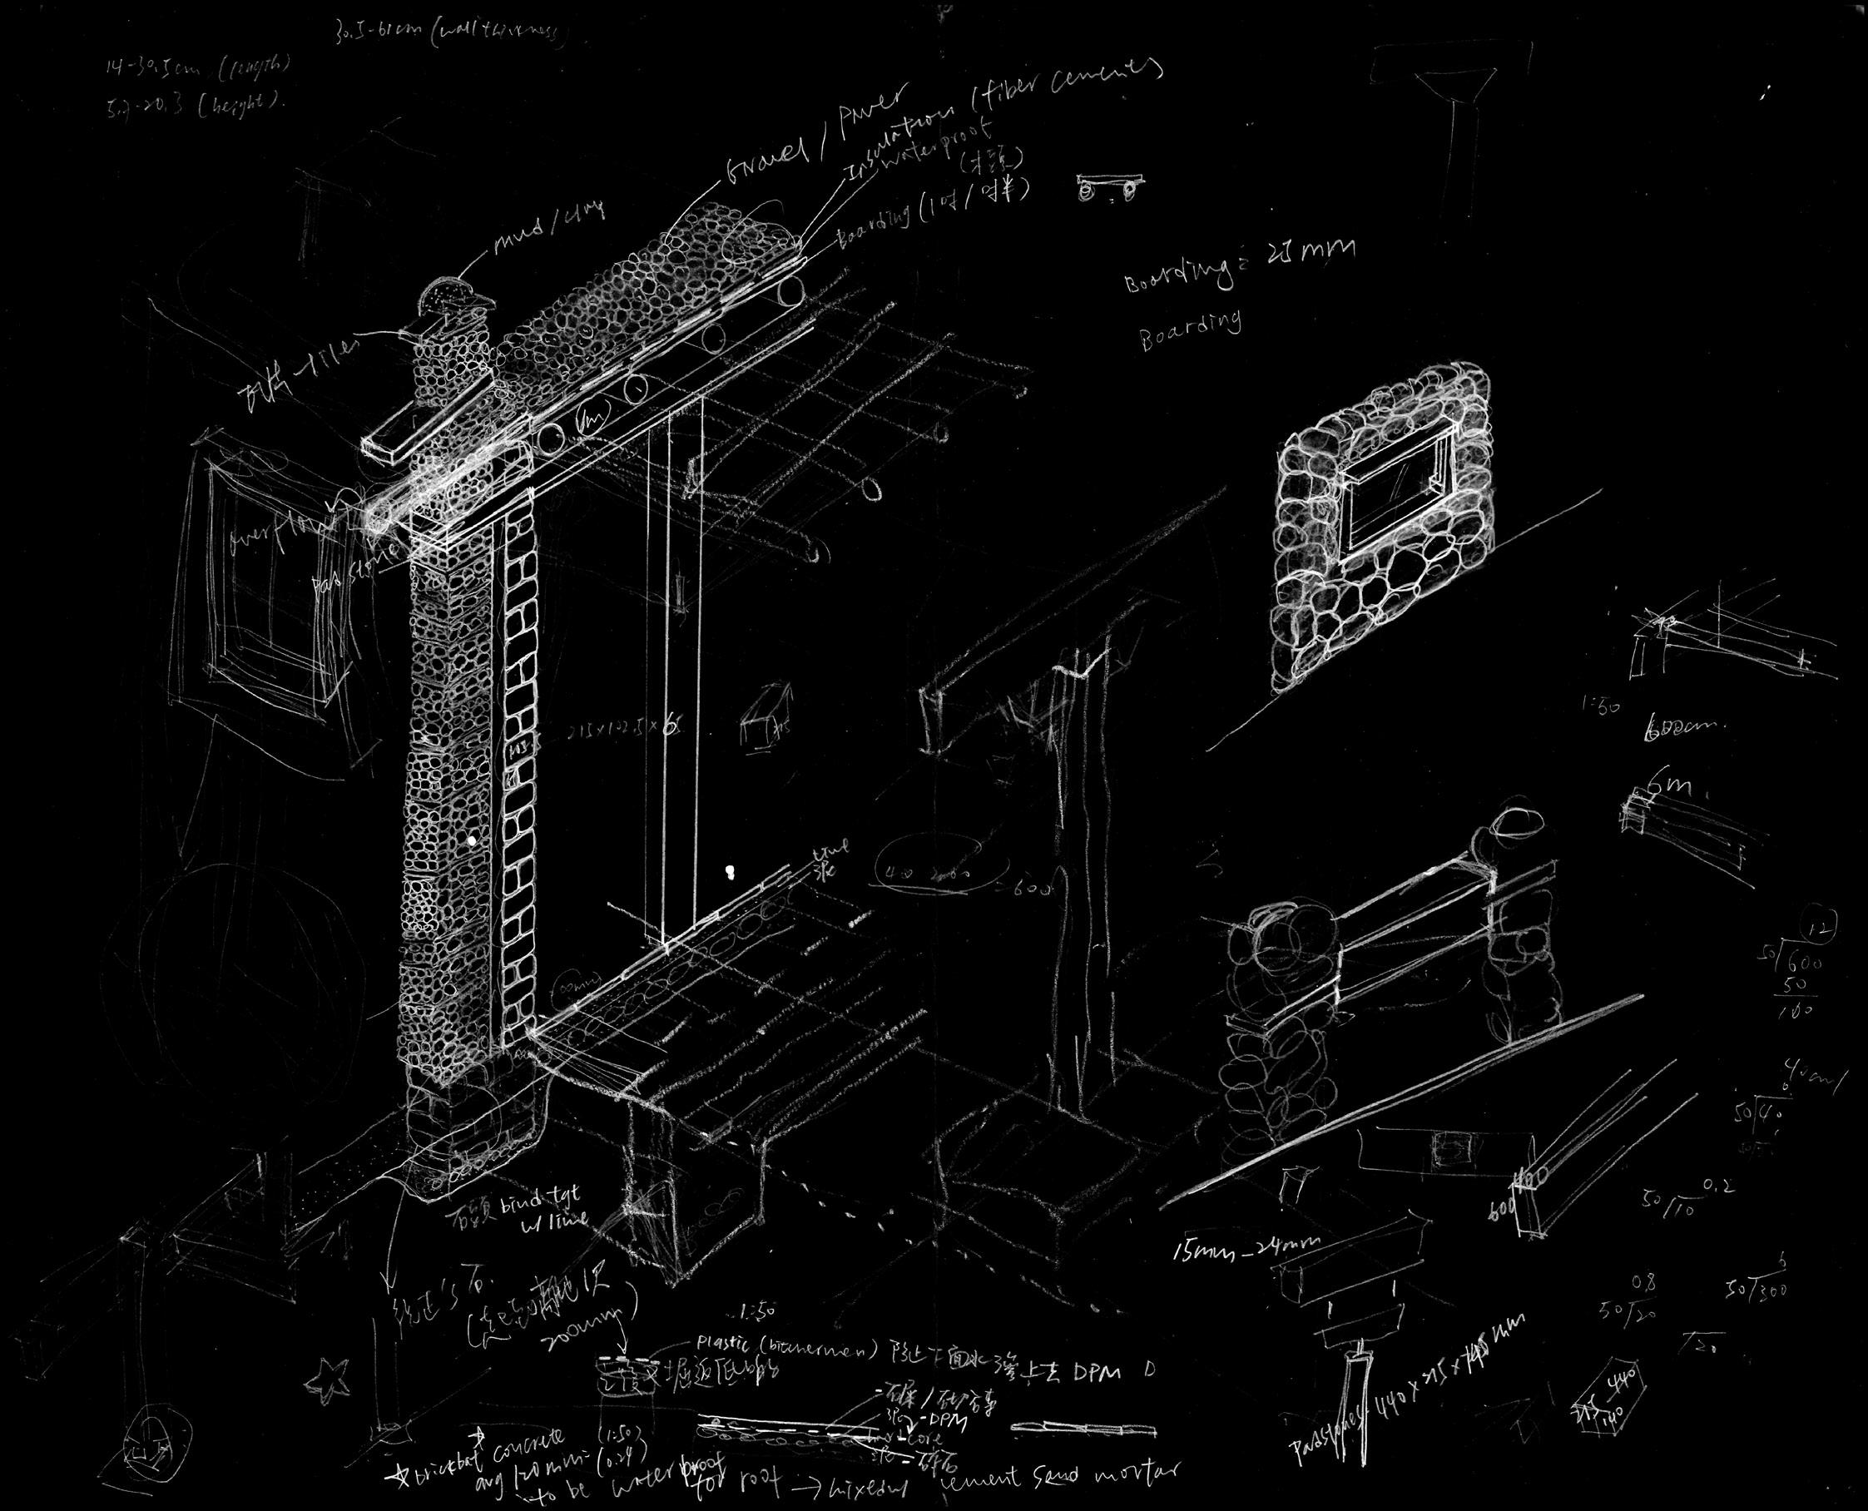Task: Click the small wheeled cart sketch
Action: (1110, 187)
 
